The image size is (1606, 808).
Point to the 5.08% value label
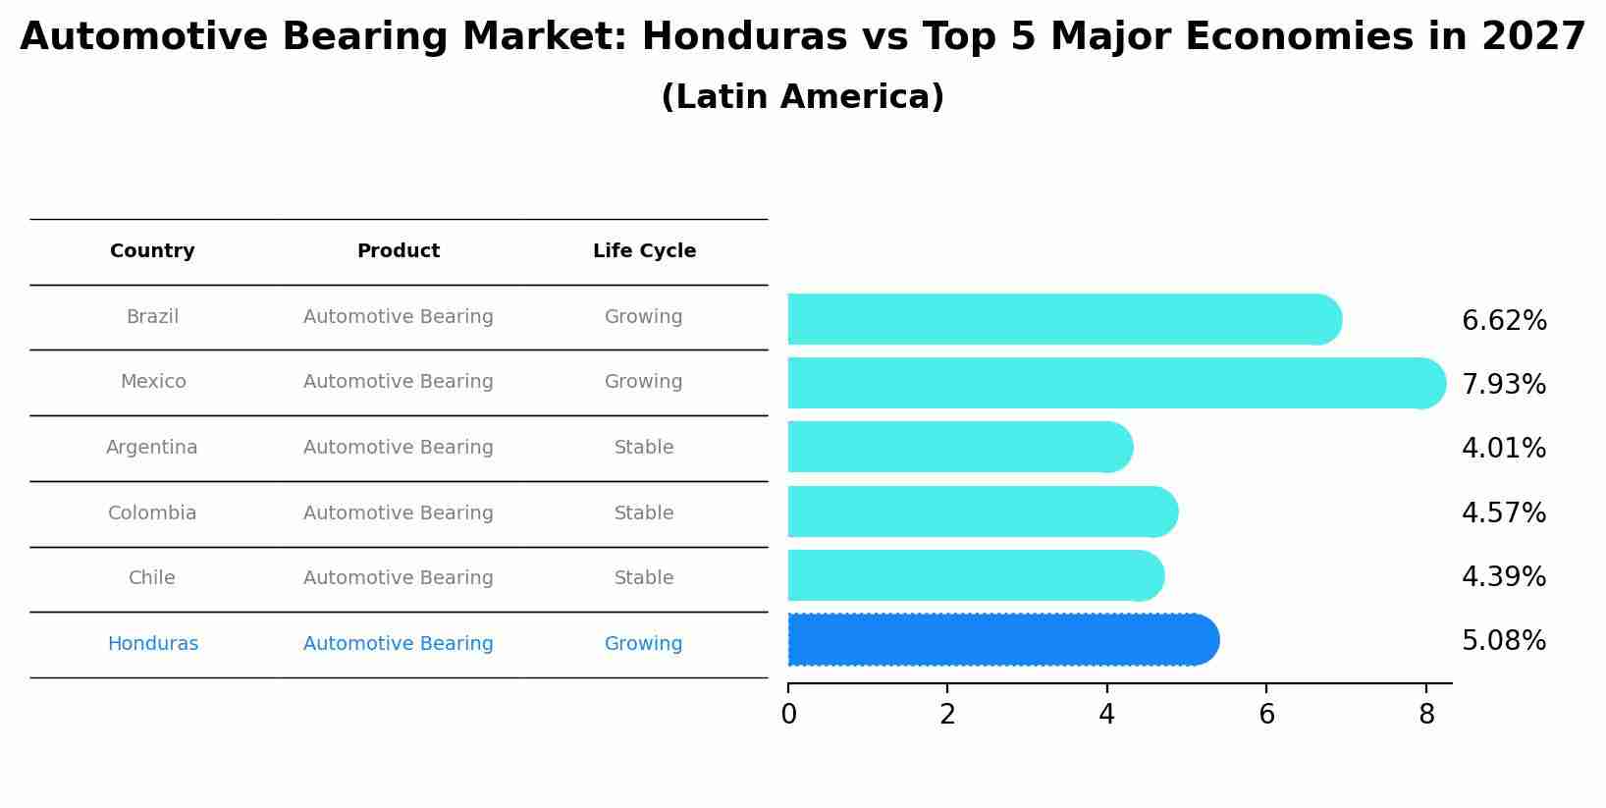click(1503, 641)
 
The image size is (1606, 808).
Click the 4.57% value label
click(1503, 513)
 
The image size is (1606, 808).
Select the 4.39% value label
click(1503, 577)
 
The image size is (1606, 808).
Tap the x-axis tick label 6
click(1266, 716)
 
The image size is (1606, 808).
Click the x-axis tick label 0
click(788, 716)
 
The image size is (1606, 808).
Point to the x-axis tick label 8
click(1426, 716)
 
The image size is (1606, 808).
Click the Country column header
click(152, 251)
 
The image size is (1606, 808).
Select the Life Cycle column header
click(644, 251)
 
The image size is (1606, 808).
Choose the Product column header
click(398, 251)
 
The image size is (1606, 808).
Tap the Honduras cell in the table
click(152, 644)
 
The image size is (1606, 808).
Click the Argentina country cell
click(152, 448)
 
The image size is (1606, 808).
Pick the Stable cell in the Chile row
click(644, 578)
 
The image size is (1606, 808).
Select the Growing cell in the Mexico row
click(644, 382)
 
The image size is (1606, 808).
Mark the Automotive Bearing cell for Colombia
click(398, 513)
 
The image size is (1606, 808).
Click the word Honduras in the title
click(744, 37)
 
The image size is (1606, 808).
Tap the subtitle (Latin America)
click(802, 97)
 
